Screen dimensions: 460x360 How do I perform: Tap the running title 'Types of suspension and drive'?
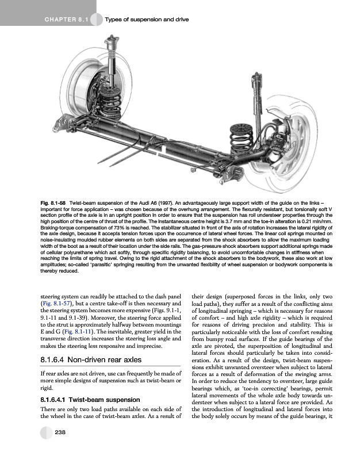[147, 21]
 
